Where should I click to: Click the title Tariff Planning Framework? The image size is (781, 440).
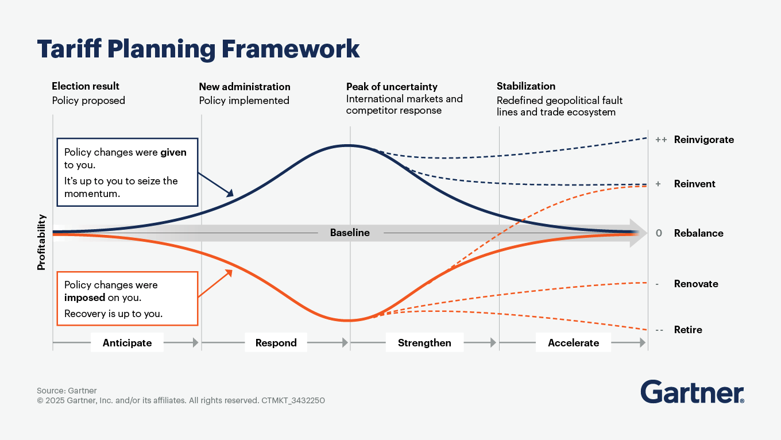(198, 49)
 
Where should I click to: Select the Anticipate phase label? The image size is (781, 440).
(127, 343)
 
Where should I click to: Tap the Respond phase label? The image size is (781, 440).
(276, 343)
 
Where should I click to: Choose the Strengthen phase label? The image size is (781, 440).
(424, 343)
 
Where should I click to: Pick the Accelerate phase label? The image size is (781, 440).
(573, 343)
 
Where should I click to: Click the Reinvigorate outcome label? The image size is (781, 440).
(703, 140)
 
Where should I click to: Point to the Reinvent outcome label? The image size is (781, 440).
(694, 184)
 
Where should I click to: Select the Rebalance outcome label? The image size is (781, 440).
(698, 233)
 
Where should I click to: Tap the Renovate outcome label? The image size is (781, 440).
(696, 284)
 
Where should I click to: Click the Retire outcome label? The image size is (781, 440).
(688, 330)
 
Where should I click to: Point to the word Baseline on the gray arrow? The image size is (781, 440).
(350, 233)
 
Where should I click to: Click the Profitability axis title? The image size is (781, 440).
(41, 242)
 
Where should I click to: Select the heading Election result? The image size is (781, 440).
(86, 86)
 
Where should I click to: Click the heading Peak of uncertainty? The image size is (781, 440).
(392, 87)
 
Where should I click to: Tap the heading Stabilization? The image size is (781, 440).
(525, 86)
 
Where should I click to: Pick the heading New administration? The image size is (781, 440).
(245, 87)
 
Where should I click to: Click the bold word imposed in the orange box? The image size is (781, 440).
(84, 298)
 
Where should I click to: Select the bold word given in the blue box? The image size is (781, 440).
(173, 153)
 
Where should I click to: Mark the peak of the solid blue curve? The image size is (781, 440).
(348, 145)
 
